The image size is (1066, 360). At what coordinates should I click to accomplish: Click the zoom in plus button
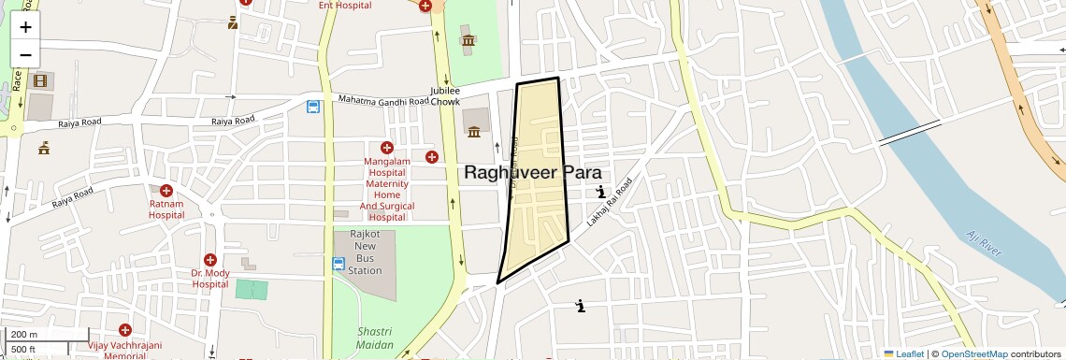point(25,27)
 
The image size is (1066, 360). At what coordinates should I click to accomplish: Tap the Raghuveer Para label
point(532,173)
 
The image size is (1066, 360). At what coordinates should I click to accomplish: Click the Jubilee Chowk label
point(445,95)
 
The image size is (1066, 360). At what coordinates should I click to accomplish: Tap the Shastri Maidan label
point(377,339)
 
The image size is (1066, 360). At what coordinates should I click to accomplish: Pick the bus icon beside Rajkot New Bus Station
point(339,265)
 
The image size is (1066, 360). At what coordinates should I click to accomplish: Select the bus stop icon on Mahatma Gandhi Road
point(312,107)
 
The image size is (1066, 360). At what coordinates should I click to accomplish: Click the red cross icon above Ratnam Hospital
point(166,191)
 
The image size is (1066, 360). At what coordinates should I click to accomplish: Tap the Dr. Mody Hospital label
point(209,279)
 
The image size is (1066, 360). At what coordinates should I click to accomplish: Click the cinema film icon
point(39,80)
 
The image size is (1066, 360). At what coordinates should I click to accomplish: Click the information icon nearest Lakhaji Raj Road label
point(600,193)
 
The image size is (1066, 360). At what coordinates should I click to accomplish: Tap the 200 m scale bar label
point(25,335)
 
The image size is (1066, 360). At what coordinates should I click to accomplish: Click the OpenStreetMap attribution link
point(973,353)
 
